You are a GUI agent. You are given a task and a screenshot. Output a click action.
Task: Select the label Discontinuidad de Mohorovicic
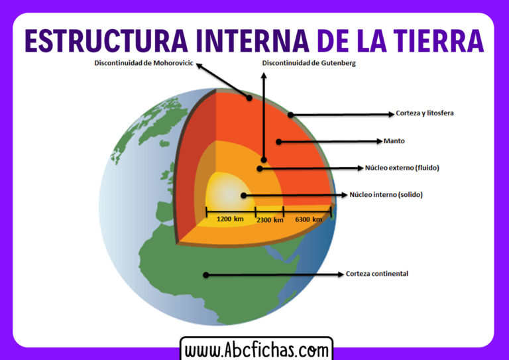[x=142, y=64]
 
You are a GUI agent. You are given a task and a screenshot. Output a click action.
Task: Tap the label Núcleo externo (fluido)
[x=402, y=168]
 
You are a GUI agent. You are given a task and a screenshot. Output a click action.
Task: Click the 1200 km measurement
[x=230, y=219]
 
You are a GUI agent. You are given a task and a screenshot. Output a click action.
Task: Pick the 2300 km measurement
[x=269, y=219]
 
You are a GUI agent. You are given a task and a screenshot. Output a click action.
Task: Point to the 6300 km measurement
[x=308, y=219]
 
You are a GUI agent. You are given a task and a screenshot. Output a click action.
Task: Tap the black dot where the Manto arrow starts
[x=279, y=141]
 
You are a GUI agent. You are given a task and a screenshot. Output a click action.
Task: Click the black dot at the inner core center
[x=244, y=196]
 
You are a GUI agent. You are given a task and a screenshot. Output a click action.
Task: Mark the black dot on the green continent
[x=206, y=274]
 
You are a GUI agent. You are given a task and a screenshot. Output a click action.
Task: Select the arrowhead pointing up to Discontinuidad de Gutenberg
[x=264, y=76]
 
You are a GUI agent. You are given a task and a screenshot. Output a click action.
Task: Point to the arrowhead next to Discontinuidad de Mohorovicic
[x=200, y=66]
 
